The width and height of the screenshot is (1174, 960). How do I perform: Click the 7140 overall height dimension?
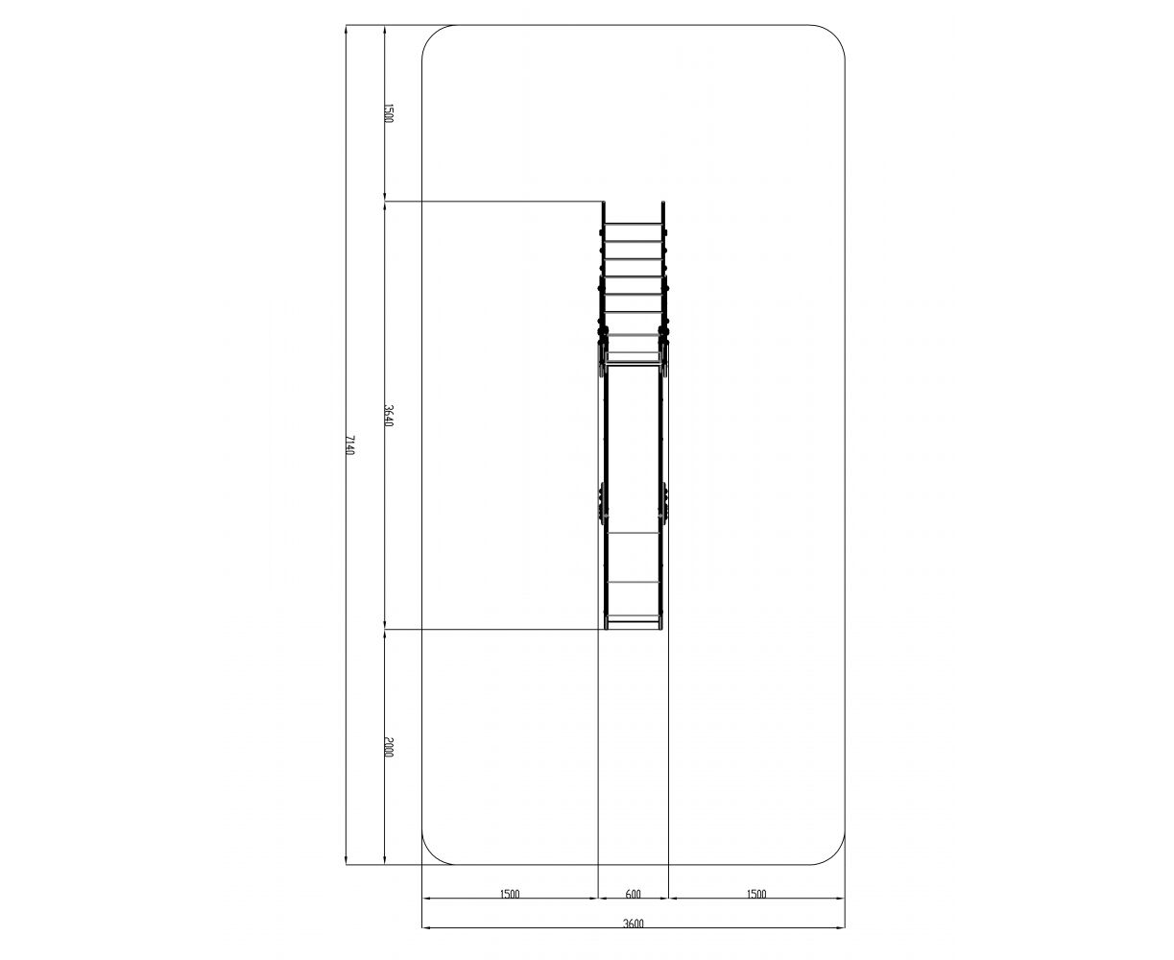click(x=349, y=445)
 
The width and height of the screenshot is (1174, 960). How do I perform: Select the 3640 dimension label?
click(x=389, y=416)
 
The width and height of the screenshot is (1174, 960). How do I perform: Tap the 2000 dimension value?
click(x=389, y=747)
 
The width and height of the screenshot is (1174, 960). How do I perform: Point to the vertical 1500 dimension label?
click(x=389, y=113)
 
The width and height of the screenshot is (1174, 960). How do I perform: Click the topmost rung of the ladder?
click(x=634, y=224)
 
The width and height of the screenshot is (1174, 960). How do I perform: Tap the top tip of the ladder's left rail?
click(x=604, y=203)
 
